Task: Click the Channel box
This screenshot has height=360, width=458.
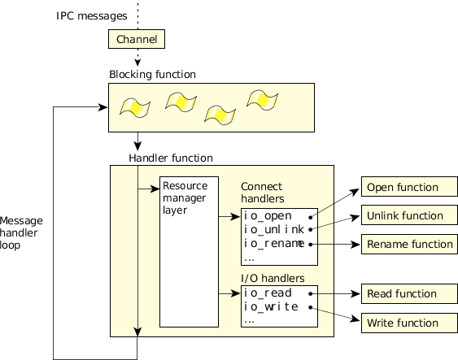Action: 137,39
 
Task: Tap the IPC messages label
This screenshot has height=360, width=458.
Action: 91,15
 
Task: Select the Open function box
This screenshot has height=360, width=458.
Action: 409,187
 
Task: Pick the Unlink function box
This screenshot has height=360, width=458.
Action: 409,215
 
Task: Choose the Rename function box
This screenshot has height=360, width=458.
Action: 409,244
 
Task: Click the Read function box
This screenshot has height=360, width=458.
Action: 409,293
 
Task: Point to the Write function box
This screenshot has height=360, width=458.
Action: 409,323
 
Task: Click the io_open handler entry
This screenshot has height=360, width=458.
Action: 268,216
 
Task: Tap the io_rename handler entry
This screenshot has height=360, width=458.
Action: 274,244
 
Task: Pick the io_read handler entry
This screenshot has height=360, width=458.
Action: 268,293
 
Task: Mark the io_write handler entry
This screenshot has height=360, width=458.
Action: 271,306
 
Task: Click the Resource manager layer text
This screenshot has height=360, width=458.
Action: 185,197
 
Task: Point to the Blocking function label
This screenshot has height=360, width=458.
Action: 152,75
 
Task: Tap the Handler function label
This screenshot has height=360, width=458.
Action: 171,158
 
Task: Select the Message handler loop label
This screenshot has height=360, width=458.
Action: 21,232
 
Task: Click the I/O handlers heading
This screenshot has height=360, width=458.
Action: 273,278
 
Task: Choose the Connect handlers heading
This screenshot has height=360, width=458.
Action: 262,193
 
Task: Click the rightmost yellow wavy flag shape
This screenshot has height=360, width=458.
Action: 262,100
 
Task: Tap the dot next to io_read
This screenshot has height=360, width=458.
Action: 311,293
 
